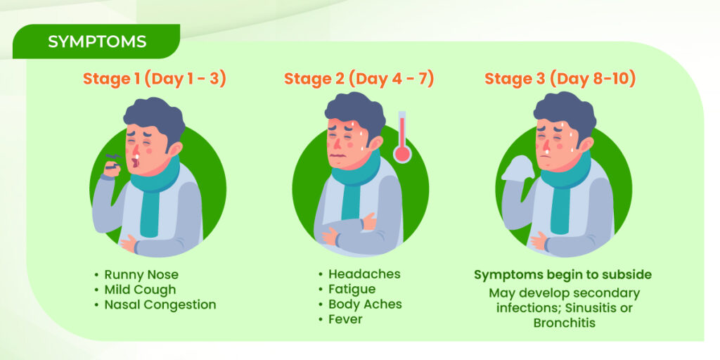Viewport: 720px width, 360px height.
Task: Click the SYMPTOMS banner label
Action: coord(97,41)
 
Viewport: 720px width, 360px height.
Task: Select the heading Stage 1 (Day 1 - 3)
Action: coord(155,79)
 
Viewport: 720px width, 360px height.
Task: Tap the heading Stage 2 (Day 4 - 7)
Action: coord(359,79)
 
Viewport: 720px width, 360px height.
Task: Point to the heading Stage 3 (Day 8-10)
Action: coord(560,79)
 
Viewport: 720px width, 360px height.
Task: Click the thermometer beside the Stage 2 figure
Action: coord(402,137)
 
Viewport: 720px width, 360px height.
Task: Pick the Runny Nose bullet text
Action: coord(141,275)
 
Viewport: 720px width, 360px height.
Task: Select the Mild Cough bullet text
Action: coord(140,290)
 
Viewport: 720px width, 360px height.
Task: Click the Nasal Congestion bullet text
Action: coord(160,304)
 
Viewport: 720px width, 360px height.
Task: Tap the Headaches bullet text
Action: coord(365,274)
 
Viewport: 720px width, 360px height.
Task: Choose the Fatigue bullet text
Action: coord(352,289)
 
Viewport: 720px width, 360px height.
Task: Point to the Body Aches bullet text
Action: coord(365,304)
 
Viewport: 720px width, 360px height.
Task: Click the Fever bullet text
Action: coord(345,319)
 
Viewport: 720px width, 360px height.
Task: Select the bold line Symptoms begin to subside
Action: coord(563,275)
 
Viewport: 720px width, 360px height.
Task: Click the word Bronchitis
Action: coord(565,323)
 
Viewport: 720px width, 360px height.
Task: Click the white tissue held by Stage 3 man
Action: coord(518,168)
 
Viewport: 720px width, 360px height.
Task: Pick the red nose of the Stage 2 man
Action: coord(337,143)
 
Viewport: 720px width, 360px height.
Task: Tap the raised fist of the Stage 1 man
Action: coord(114,169)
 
